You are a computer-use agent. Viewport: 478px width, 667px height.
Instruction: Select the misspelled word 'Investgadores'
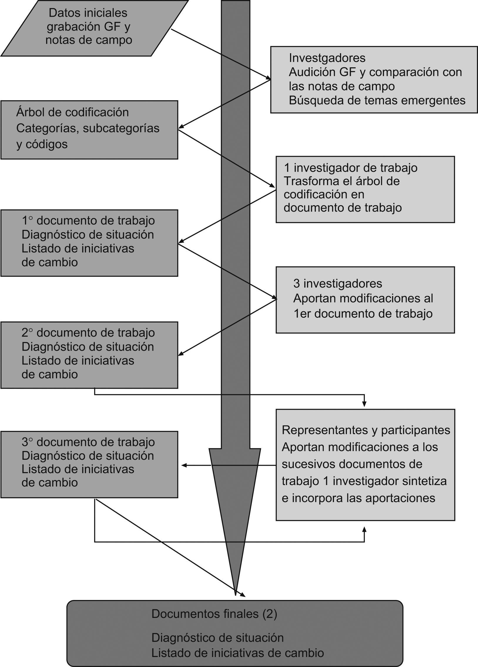coord(327,58)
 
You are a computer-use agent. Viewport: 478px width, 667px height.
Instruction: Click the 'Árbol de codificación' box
coord(89,130)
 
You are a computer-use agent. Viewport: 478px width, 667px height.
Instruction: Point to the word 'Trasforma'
coord(306,181)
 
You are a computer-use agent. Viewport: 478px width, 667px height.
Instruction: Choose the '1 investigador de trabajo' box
coord(365,189)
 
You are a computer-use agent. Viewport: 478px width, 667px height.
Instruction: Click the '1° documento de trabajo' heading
coord(88,220)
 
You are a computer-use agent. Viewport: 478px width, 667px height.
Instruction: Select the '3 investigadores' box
coord(365,300)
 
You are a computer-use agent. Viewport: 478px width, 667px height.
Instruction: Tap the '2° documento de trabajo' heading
coord(88,332)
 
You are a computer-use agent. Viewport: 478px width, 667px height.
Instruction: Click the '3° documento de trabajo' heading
coord(88,442)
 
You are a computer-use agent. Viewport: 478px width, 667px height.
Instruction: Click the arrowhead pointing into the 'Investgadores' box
coord(269,78)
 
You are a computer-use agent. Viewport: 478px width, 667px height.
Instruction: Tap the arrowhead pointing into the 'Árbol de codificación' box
coord(181,127)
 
